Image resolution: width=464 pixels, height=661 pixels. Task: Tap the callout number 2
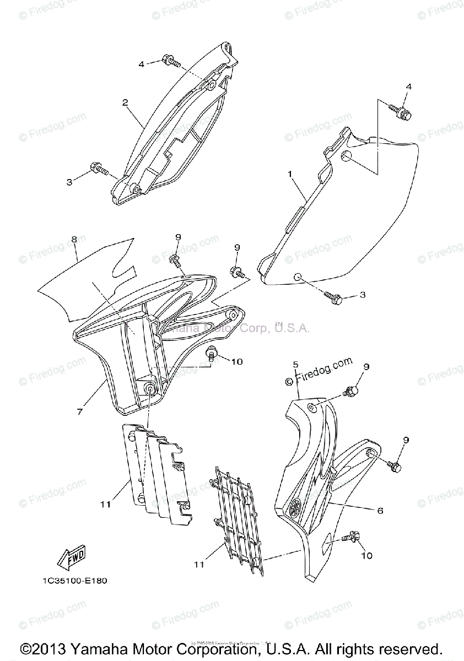click(125, 102)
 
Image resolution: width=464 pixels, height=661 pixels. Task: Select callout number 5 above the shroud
click(295, 365)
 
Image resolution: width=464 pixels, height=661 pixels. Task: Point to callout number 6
click(380, 511)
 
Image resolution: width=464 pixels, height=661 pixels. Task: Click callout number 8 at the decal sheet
click(74, 240)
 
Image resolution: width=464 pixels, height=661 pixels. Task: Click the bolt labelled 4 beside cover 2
click(170, 62)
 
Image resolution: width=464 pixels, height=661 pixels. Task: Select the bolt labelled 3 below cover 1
click(334, 298)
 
